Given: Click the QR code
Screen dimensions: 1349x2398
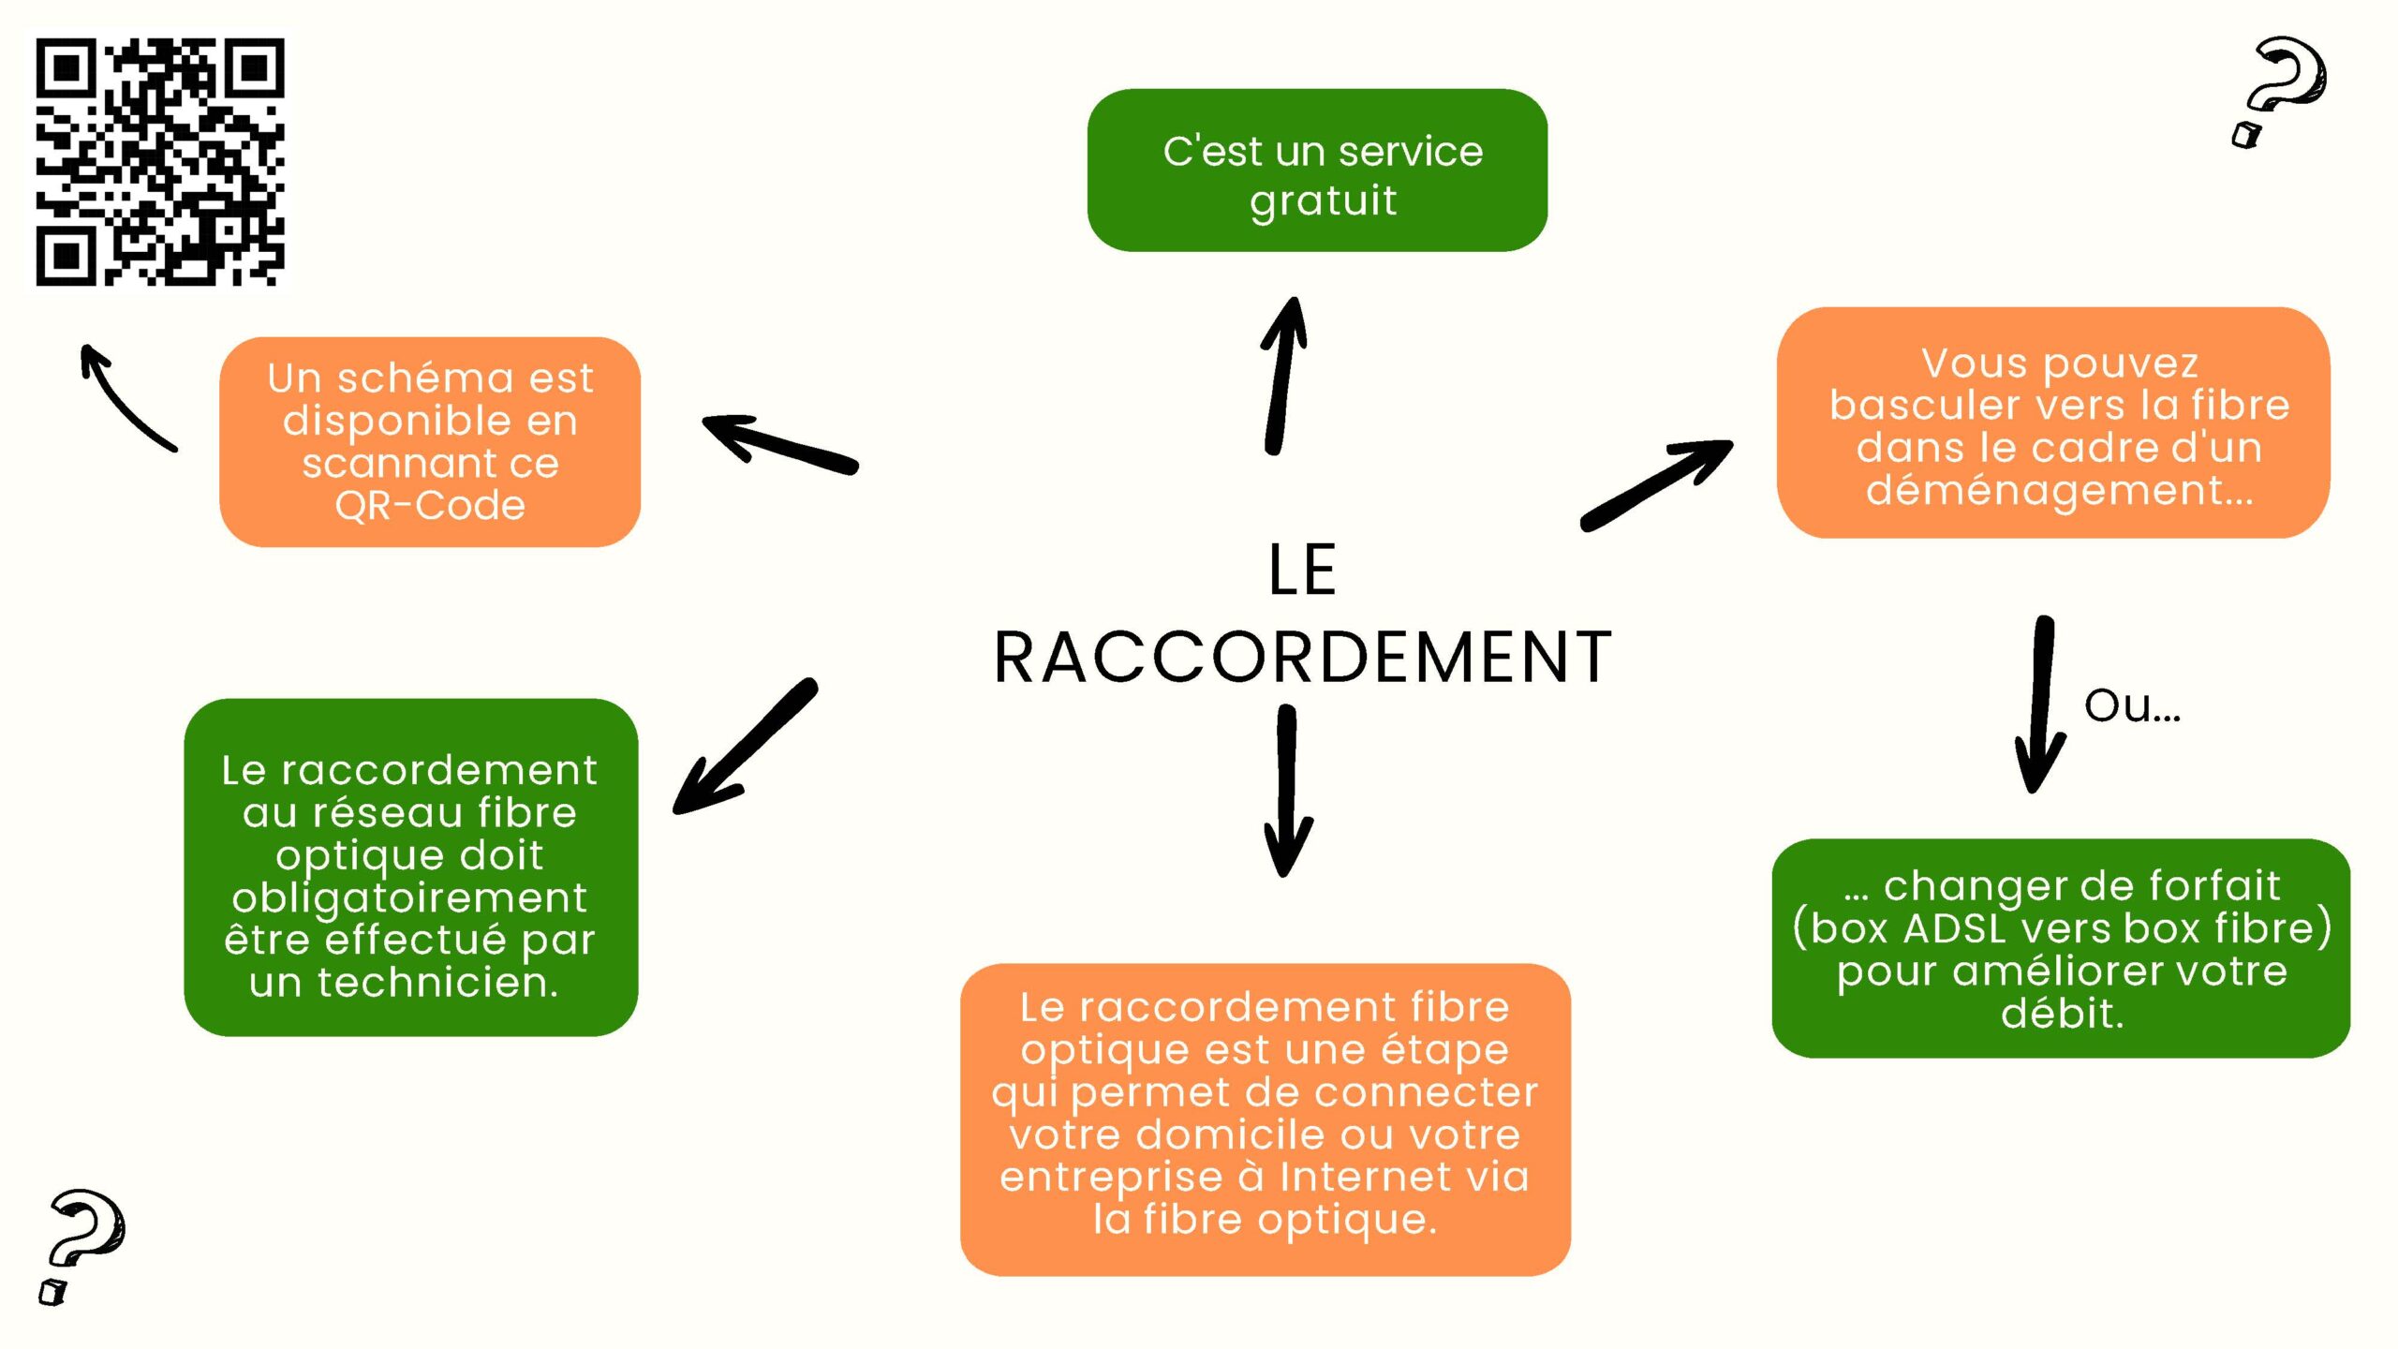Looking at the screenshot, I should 160,161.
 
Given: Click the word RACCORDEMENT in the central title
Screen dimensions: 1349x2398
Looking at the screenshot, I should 1302,658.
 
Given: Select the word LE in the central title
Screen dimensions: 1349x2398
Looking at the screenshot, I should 1302,570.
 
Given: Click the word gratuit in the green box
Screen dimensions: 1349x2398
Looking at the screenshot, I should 1323,201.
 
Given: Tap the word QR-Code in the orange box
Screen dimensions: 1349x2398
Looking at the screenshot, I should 430,506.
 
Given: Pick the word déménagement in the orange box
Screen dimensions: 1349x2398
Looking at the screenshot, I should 2059,490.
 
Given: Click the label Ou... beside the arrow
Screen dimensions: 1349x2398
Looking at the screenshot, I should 2132,706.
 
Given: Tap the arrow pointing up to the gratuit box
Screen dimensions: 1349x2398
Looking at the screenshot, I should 1285,375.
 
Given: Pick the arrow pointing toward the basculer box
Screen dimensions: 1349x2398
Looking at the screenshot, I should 1656,483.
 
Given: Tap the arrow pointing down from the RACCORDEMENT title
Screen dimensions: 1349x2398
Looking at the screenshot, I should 1288,792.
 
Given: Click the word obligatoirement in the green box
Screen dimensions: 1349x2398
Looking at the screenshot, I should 409,898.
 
